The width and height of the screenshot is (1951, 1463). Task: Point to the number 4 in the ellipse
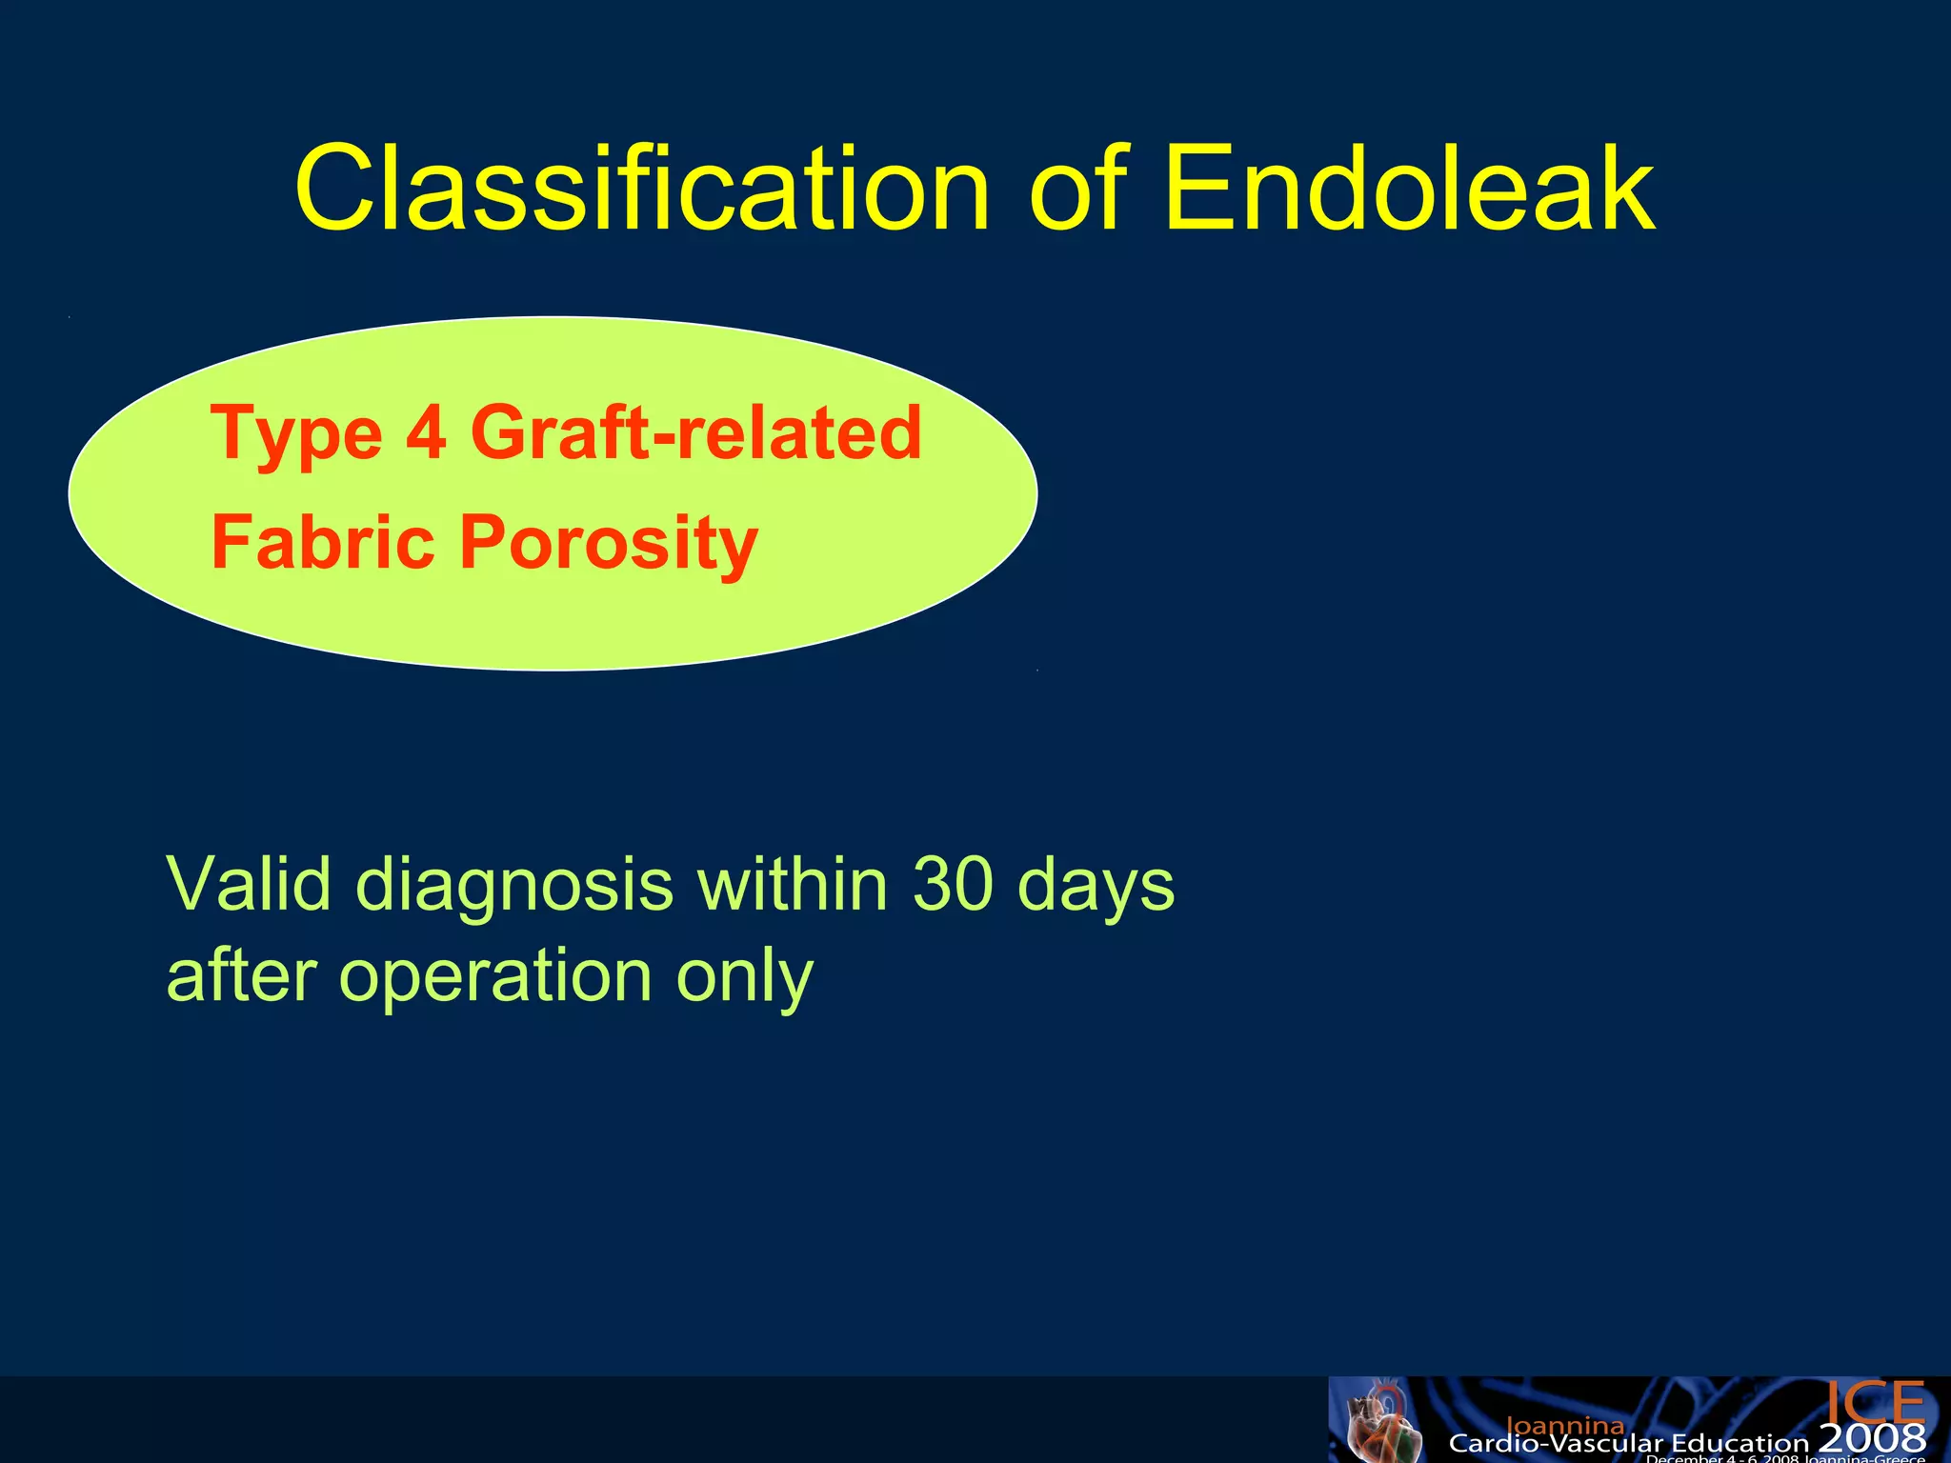click(426, 433)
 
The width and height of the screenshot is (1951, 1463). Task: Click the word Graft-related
click(696, 433)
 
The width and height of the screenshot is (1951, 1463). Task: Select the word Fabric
click(323, 542)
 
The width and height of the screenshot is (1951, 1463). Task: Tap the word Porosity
click(609, 544)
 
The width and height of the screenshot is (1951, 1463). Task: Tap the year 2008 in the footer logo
click(1872, 1438)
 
